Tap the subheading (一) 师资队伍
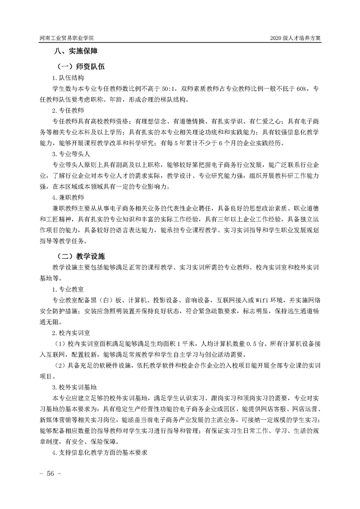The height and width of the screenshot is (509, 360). pyautogui.click(x=80, y=67)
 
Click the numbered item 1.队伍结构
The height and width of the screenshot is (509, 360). pyautogui.click(x=68, y=78)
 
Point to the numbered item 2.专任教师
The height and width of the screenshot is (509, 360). pyautogui.click(x=68, y=111)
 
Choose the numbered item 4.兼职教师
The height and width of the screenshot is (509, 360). pyautogui.click(x=68, y=197)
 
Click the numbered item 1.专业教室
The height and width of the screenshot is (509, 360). pyautogui.click(x=68, y=289)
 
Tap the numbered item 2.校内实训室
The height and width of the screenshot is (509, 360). pyautogui.click(x=71, y=333)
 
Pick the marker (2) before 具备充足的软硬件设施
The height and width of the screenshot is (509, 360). pyautogui.click(x=60, y=366)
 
